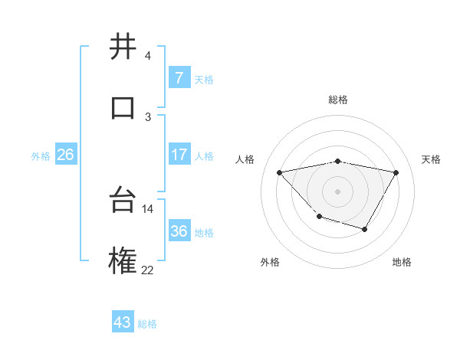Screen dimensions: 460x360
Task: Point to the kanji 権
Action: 123,260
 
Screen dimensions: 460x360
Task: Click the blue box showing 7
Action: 179,78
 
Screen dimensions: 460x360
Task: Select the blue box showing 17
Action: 179,155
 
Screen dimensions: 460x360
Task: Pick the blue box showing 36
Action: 179,231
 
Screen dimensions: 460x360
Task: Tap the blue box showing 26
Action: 65,155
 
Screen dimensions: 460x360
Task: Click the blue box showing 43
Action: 122,322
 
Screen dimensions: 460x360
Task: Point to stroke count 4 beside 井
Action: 147,56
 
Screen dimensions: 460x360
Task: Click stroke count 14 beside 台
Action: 147,208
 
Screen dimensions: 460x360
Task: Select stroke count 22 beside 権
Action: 147,269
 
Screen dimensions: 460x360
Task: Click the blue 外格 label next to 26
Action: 41,156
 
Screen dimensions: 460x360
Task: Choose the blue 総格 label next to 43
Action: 147,324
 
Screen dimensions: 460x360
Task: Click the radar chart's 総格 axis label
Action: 338,100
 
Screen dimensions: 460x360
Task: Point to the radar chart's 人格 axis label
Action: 246,159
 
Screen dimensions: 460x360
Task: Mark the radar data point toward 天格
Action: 396,172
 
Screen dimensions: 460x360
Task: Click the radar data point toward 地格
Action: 365,229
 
